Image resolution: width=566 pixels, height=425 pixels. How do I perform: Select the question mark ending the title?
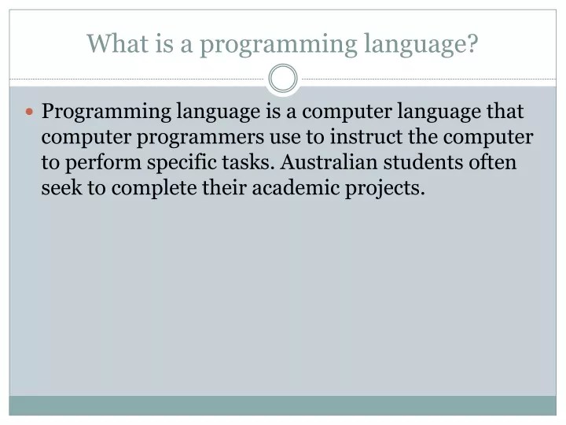472,44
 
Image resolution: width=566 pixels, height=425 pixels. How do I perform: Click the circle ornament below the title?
283,79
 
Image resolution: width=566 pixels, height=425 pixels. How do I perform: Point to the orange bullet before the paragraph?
31,113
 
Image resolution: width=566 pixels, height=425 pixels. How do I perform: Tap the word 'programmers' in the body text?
200,139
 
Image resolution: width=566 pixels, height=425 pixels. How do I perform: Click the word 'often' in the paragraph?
492,163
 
